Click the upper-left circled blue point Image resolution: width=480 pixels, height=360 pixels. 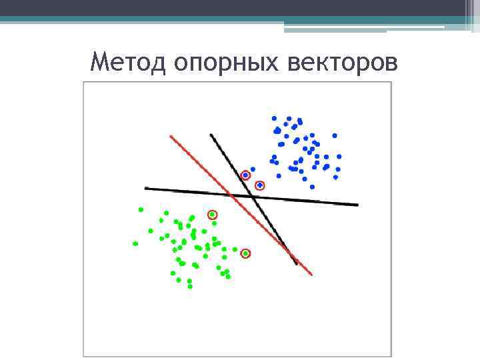[245, 175]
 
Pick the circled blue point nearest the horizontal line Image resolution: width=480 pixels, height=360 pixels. [260, 186]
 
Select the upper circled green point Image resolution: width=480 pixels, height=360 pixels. [213, 215]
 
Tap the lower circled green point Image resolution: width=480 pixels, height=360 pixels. [245, 253]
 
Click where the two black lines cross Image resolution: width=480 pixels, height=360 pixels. [254, 197]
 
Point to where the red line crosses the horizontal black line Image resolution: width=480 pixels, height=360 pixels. [229, 195]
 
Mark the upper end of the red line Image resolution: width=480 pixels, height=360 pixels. [171, 137]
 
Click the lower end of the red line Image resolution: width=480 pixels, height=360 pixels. [311, 274]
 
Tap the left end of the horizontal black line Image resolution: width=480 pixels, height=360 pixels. [146, 189]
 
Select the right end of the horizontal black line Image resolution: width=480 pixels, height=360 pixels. [357, 205]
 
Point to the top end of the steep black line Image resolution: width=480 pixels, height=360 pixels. [211, 135]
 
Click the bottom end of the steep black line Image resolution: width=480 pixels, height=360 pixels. [297, 264]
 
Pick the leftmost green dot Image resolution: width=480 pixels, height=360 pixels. [135, 244]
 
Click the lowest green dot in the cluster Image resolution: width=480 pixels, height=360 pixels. [190, 287]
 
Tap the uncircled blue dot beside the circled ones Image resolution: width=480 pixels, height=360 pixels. [253, 169]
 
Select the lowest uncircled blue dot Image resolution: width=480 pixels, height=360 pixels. [312, 187]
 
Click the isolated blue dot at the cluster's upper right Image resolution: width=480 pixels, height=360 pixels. [335, 135]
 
